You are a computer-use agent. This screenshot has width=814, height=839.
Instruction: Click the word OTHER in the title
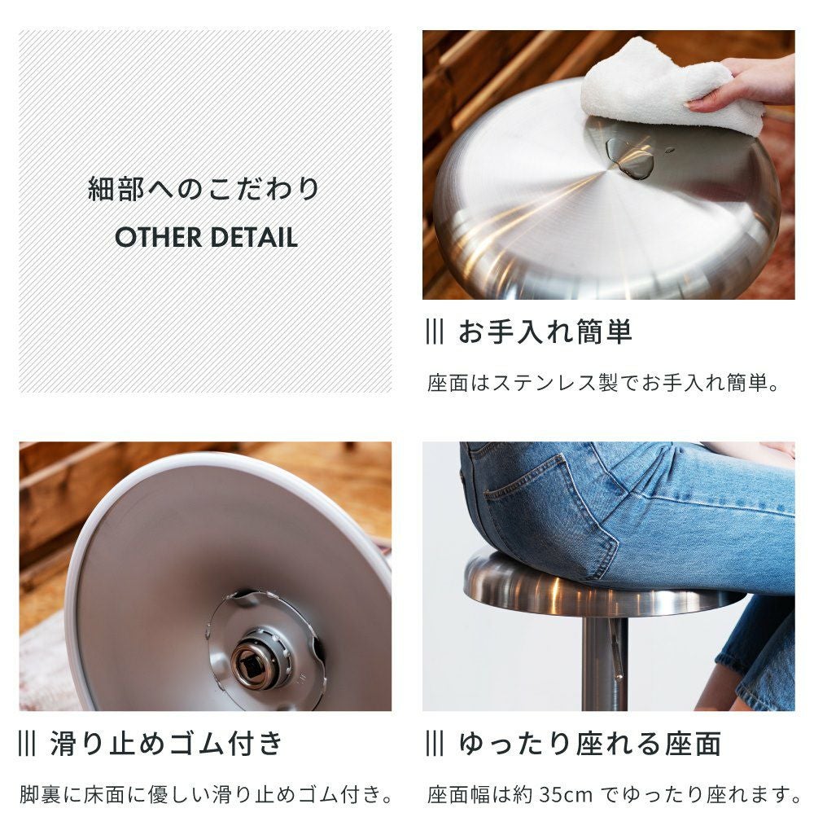click(158, 237)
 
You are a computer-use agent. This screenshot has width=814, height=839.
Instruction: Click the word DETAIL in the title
click(253, 237)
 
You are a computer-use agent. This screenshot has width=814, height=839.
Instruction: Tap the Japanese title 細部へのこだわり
click(203, 189)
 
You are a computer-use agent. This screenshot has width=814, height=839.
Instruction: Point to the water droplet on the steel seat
click(631, 158)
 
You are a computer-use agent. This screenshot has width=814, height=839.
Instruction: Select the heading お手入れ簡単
click(545, 332)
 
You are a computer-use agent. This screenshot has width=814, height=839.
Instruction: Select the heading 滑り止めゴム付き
click(166, 743)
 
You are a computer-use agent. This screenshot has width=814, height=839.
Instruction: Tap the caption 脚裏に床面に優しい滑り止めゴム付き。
click(207, 794)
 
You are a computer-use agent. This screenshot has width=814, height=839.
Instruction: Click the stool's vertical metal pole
click(604, 664)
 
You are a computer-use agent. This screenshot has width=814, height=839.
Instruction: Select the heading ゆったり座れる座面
click(590, 743)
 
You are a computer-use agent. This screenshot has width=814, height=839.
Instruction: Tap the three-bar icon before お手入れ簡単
click(435, 332)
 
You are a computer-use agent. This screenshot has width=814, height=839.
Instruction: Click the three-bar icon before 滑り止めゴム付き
click(27, 743)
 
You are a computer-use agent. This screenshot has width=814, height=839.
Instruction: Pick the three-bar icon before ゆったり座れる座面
click(435, 743)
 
